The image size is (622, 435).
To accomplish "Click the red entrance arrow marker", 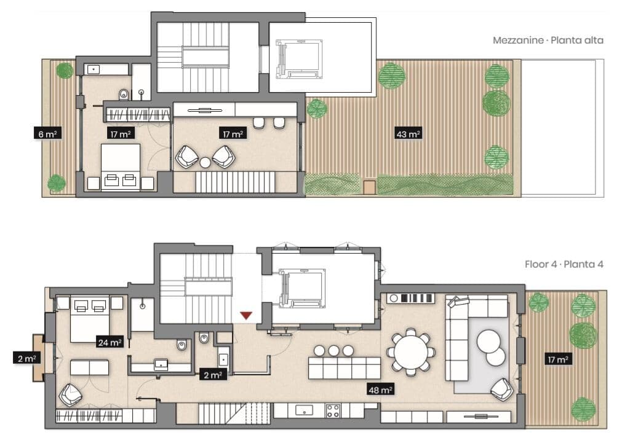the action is (246, 315).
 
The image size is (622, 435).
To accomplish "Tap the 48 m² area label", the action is (380, 390).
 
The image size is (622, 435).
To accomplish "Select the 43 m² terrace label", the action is (408, 134).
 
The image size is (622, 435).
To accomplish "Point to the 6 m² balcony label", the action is (47, 134).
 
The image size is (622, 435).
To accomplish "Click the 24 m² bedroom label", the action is (110, 342).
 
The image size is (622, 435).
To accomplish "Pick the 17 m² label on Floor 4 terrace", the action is (558, 359).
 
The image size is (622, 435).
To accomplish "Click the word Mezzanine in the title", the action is (518, 40).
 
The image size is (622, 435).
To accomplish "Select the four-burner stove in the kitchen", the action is (332, 411).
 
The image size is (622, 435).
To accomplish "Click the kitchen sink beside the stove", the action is (304, 410).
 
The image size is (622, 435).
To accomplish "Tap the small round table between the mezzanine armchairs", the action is (205, 162).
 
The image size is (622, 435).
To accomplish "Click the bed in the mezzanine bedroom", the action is (121, 167).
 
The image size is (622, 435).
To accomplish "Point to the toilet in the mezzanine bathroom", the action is (124, 94).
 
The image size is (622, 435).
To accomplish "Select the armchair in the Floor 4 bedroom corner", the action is (70, 394).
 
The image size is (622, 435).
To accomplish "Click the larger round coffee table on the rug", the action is (488, 342).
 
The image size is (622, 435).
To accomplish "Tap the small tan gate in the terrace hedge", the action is (369, 187).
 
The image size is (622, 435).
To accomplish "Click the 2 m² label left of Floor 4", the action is (26, 359).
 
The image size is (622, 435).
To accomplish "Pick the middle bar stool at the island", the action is (333, 351).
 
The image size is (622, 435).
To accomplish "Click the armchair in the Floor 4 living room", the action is (502, 390).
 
